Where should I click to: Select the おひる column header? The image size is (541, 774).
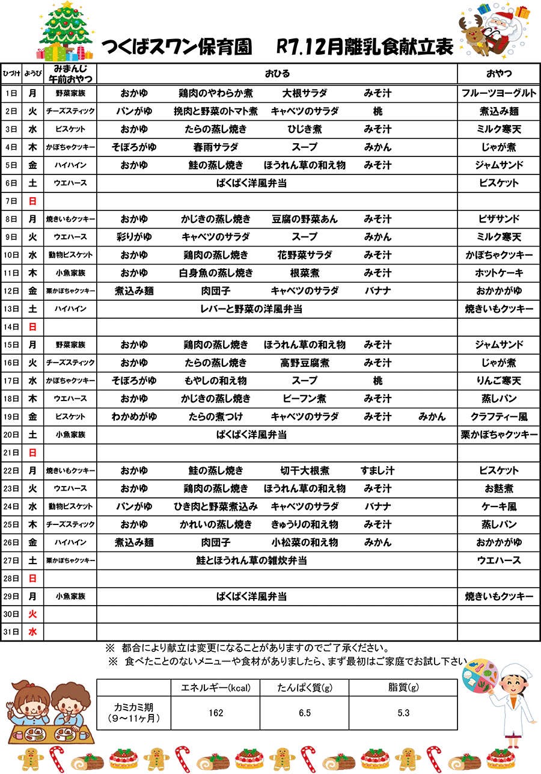click(x=277, y=74)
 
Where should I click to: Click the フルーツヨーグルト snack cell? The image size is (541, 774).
click(x=499, y=93)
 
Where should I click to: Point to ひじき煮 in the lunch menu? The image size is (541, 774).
click(x=304, y=129)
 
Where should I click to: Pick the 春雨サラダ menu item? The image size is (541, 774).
click(x=215, y=147)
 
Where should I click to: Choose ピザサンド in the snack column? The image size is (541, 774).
click(x=499, y=219)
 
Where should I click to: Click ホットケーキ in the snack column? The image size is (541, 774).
click(x=499, y=273)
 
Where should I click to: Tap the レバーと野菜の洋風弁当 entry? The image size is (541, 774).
click(x=251, y=309)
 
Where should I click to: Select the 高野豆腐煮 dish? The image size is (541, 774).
click(x=304, y=363)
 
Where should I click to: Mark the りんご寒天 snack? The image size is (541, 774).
click(x=499, y=381)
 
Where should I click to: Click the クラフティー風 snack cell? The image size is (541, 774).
click(x=499, y=417)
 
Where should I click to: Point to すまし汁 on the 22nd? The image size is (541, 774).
click(x=377, y=470)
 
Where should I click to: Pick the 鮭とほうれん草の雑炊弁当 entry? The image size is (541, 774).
click(x=251, y=561)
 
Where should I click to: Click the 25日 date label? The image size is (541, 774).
click(x=11, y=524)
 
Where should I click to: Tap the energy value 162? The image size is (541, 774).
click(x=216, y=713)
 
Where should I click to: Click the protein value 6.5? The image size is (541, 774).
click(x=305, y=713)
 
